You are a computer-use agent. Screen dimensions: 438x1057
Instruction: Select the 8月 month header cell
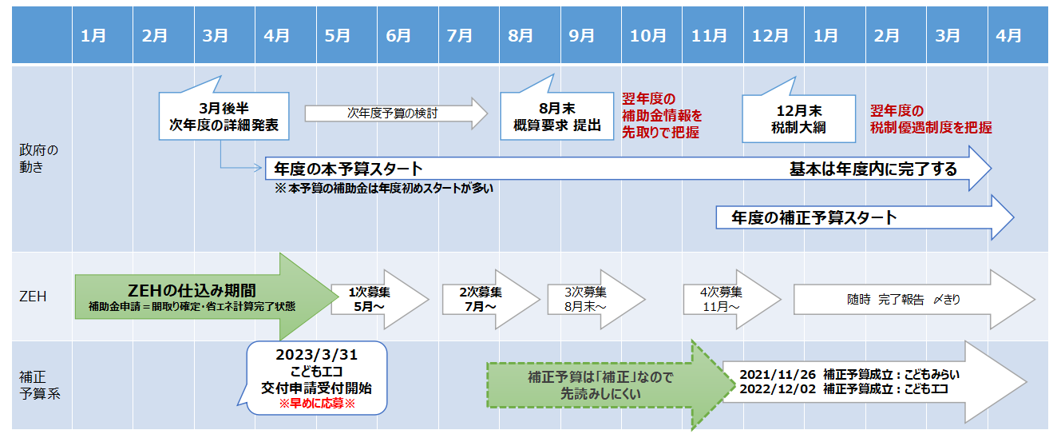[x=521, y=35]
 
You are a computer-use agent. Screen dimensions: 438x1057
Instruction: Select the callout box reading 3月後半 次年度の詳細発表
[x=224, y=117]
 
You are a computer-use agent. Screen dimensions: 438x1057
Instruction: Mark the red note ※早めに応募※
[x=316, y=404]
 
